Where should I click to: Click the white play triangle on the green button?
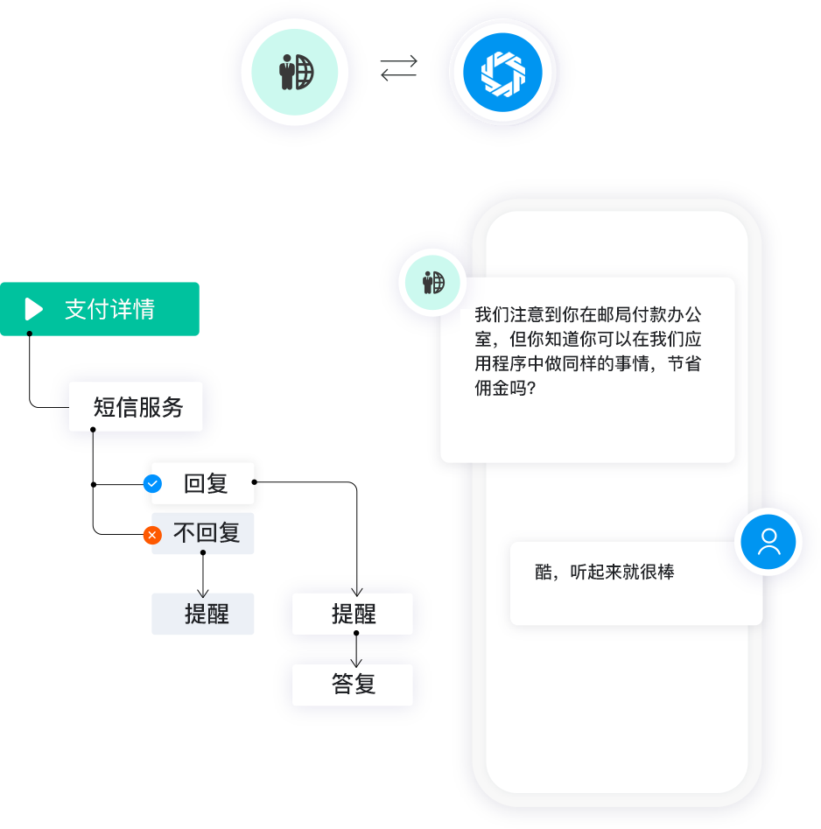pyautogui.click(x=34, y=309)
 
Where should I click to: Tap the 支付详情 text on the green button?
pyautogui.click(x=109, y=309)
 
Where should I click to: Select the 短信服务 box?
pyautogui.click(x=137, y=407)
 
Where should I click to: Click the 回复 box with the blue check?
pyautogui.click(x=206, y=483)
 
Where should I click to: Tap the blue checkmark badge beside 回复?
pyautogui.click(x=152, y=483)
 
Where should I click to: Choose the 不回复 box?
pyautogui.click(x=206, y=533)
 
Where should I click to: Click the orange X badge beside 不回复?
pyautogui.click(x=152, y=534)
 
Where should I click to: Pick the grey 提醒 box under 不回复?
pyautogui.click(x=204, y=614)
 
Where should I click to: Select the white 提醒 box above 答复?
pyautogui.click(x=353, y=614)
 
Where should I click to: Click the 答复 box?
pyautogui.click(x=353, y=685)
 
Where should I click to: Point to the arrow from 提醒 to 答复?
pyautogui.click(x=355, y=650)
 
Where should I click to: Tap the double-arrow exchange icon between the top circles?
pyautogui.click(x=399, y=69)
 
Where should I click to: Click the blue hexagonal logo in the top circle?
pyautogui.click(x=502, y=73)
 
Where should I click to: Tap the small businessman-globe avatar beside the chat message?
pyautogui.click(x=433, y=283)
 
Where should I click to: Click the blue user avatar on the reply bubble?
pyautogui.click(x=768, y=542)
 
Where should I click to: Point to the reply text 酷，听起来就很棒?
pyautogui.click(x=604, y=573)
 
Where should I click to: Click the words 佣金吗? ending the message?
pyautogui.click(x=505, y=389)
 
